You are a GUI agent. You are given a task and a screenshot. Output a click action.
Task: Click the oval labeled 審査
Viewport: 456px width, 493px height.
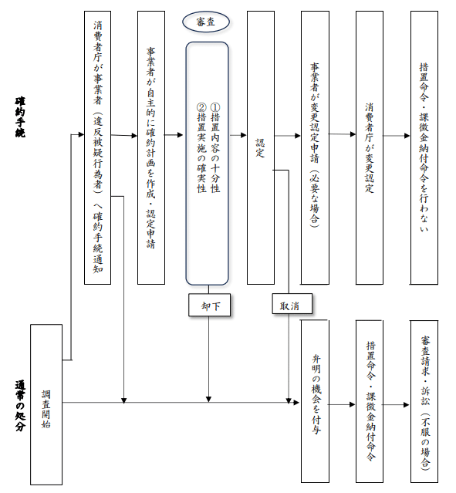tap(206, 22)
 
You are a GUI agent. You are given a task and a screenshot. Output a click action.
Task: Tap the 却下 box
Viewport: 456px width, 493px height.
tap(209, 305)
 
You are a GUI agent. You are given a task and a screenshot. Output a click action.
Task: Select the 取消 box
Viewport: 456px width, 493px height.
tap(292, 304)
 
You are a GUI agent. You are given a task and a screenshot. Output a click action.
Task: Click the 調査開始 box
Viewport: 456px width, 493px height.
tap(46, 404)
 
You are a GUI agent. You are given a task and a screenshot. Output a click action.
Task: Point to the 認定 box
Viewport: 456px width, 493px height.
tap(261, 148)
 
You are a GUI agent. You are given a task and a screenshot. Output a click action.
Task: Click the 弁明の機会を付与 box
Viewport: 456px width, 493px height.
tap(315, 401)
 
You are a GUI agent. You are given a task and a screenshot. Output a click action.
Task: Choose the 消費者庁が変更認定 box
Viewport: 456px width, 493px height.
tap(370, 148)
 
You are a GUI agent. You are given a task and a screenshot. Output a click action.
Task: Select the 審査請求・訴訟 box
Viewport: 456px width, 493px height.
tap(424, 401)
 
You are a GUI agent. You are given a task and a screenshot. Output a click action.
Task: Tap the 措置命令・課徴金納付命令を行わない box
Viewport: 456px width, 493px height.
tap(424, 148)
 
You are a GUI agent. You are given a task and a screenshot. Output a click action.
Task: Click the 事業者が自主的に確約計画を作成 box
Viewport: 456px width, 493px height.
tap(151, 148)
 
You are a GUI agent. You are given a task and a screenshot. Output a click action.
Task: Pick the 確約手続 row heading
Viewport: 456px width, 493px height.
tap(20, 117)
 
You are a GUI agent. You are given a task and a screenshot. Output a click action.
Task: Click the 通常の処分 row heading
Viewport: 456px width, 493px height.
tap(20, 406)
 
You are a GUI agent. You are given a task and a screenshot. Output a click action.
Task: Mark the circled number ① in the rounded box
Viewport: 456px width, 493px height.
tap(215, 107)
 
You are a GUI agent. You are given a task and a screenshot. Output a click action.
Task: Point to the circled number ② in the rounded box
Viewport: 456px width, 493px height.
tap(201, 107)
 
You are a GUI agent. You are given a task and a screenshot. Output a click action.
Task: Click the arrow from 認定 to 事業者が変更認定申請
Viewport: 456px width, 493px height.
tap(288, 136)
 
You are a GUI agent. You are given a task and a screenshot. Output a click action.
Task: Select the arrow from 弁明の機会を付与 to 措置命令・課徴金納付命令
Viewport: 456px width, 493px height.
tap(342, 404)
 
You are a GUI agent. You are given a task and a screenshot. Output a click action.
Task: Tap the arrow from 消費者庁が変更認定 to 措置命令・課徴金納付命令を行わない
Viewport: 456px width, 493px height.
tap(397, 136)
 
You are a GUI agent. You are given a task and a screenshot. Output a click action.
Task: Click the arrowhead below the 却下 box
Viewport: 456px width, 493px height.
tap(208, 400)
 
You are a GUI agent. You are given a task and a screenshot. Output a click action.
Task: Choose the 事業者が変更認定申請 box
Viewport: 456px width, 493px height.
tap(315, 148)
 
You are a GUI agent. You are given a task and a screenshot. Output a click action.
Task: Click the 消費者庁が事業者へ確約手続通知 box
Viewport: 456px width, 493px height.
tap(97, 148)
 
